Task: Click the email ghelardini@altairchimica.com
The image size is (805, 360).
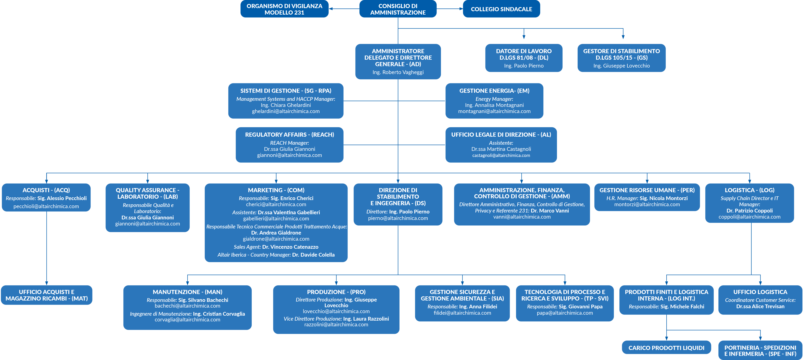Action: click(x=286, y=111)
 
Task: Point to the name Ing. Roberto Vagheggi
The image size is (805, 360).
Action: click(x=398, y=72)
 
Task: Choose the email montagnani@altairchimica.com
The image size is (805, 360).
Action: click(x=494, y=111)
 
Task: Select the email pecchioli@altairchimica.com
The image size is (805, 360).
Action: click(x=46, y=206)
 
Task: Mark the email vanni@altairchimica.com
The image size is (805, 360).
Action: click(x=522, y=217)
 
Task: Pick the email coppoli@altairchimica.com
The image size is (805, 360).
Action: click(x=749, y=217)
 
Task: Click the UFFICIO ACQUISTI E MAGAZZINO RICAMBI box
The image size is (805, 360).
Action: click(x=47, y=295)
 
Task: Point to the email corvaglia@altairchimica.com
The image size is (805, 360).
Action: click(x=187, y=320)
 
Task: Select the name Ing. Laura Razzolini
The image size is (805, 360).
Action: click(x=366, y=319)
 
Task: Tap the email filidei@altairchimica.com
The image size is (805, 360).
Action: click(x=462, y=313)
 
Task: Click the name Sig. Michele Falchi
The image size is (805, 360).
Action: click(x=682, y=307)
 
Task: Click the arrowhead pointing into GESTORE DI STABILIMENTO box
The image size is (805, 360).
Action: click(x=623, y=37)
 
